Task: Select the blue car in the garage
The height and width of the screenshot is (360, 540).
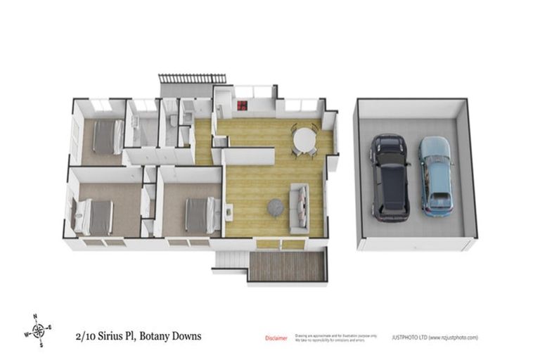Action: click(x=435, y=176)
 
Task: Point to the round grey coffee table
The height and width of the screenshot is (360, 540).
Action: click(x=275, y=207)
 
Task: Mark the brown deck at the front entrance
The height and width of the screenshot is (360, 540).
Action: click(x=286, y=266)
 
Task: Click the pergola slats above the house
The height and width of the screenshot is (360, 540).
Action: click(x=192, y=78)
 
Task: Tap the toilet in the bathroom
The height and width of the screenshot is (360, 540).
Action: click(x=173, y=121)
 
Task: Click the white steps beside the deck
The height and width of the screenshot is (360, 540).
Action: click(x=230, y=261)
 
